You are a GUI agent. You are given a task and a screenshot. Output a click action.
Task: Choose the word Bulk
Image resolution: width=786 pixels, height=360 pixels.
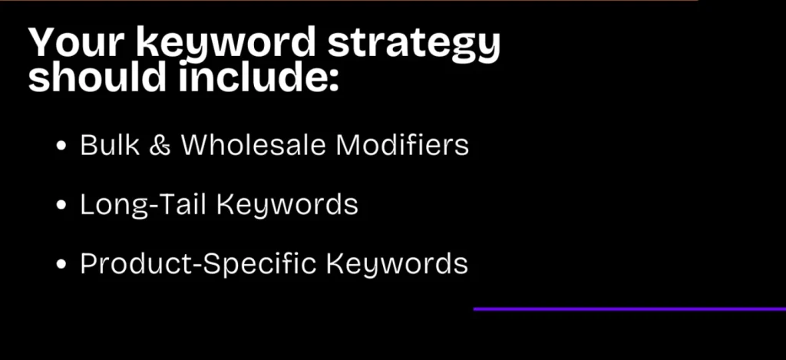coord(104,145)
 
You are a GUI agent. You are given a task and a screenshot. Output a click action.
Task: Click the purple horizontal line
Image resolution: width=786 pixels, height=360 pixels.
coord(629,309)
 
